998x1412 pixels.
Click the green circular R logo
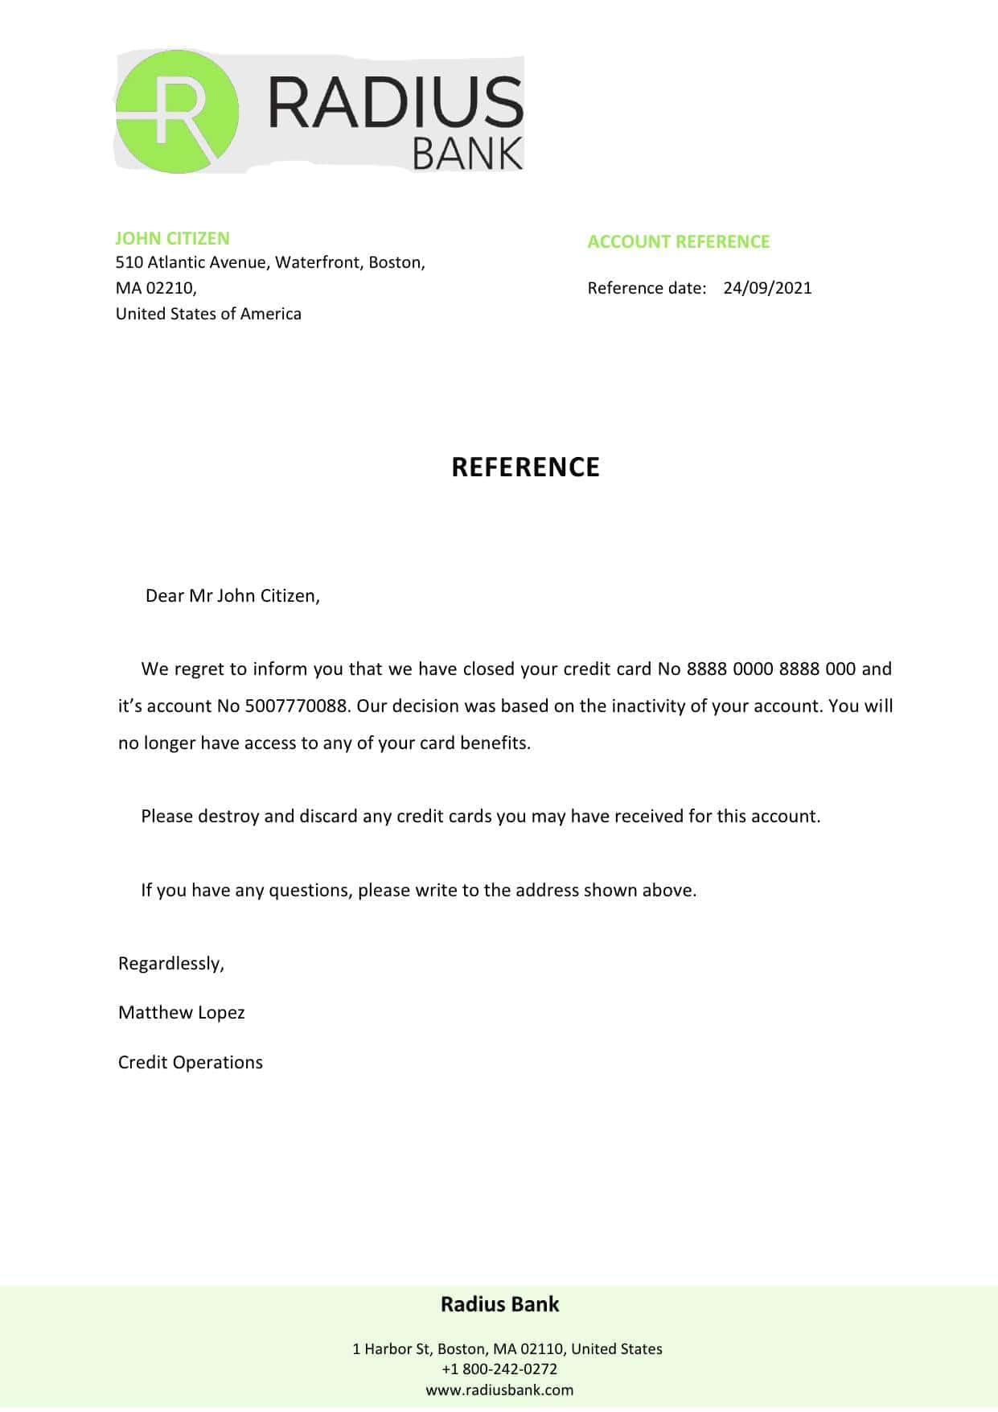point(177,112)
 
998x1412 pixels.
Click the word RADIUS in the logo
point(395,103)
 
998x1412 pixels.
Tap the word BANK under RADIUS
point(467,154)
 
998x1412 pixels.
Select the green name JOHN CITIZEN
point(172,238)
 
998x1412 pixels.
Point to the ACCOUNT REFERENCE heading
point(678,241)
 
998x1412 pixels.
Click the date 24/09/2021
point(767,288)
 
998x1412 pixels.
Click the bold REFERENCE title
point(525,467)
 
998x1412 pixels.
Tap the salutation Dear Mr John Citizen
point(232,596)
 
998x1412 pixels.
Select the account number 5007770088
point(296,706)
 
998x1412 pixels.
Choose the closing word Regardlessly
point(170,964)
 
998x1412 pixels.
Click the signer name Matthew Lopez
point(181,1013)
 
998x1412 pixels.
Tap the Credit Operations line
point(190,1063)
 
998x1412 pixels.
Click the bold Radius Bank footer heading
point(499,1304)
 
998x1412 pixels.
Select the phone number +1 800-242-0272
point(499,1369)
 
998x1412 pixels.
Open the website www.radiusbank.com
point(499,1389)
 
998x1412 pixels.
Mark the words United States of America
point(208,314)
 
